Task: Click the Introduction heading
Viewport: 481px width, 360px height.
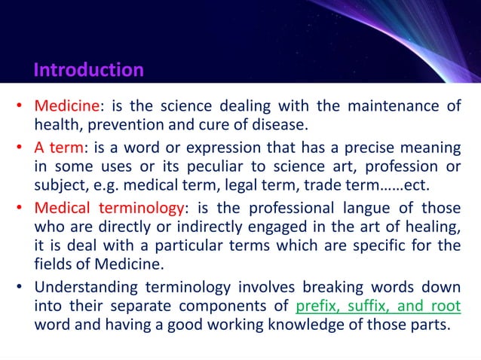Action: coord(88,71)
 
